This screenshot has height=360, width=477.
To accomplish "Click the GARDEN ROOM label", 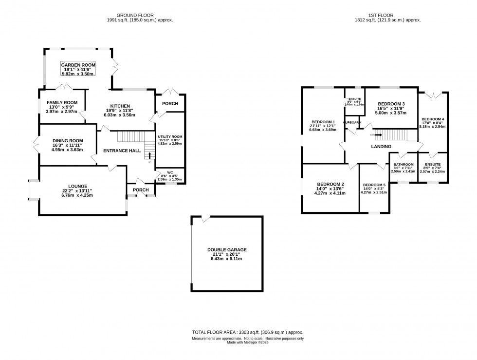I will [78, 65].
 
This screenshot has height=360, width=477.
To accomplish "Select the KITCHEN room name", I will [120, 106].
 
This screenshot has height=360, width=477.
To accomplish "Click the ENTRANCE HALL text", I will [122, 151].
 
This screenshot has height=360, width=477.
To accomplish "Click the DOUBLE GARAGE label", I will [226, 249].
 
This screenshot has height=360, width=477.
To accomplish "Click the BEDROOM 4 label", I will [433, 119].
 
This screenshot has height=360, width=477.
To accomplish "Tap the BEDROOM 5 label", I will [374, 185].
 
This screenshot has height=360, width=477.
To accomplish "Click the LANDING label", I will [381, 147].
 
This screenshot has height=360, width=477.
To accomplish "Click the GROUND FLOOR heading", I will [140, 15].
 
